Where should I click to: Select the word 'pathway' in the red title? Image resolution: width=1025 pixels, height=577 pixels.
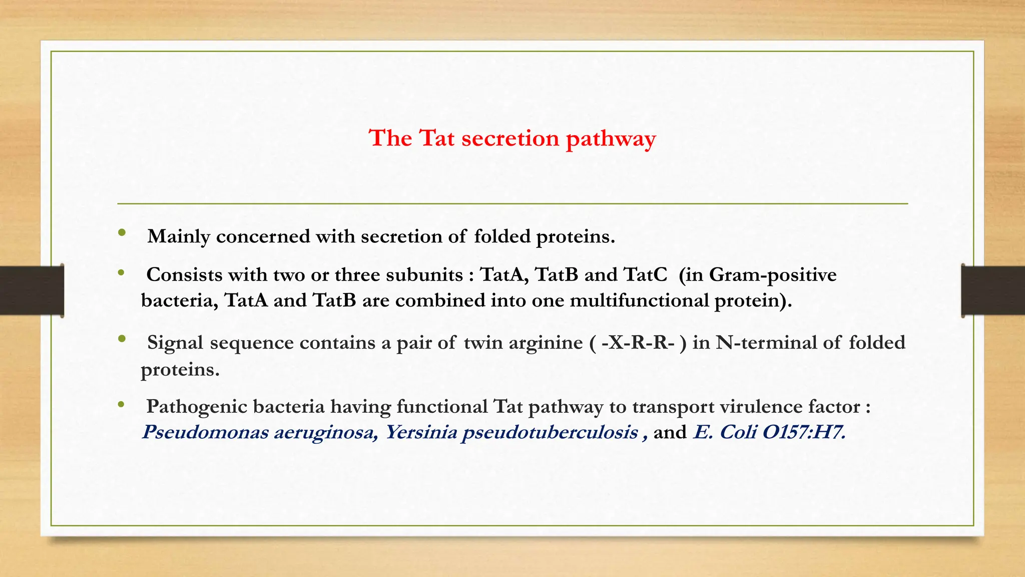coord(611,139)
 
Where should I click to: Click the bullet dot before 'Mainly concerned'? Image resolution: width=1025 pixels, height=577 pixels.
coord(122,233)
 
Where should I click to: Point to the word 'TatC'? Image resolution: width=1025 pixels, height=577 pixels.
coord(645,275)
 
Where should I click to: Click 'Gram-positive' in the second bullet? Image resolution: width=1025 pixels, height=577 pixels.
coord(773,275)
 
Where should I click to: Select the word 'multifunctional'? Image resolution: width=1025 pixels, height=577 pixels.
coord(639,301)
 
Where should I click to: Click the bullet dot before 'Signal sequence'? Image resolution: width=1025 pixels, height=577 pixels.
coord(122,339)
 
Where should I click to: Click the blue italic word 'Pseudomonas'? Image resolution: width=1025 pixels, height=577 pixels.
coord(205,432)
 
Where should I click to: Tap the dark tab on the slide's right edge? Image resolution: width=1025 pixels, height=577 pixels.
coord(993,291)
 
